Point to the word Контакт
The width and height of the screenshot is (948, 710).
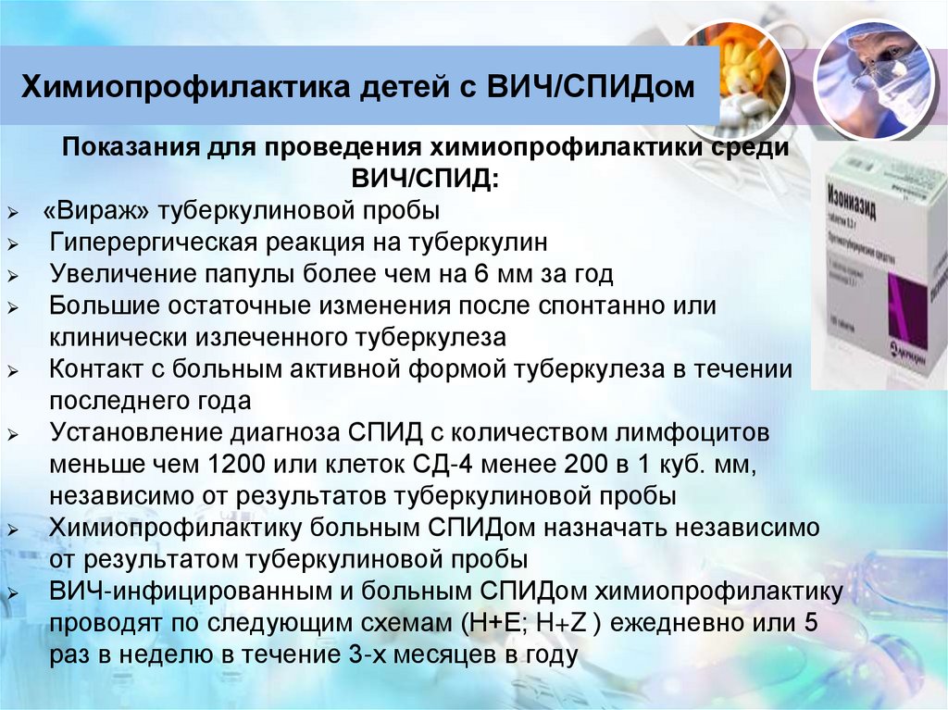click(94, 369)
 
